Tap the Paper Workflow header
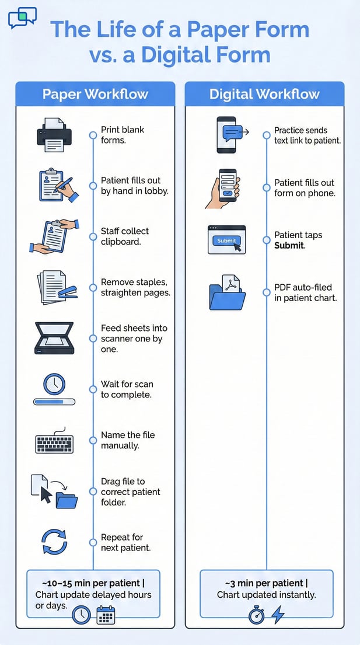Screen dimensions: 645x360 pos(95,94)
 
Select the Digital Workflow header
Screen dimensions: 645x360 pos(264,94)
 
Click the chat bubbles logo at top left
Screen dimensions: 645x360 pos(22,18)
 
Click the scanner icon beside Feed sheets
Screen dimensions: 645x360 pos(54,338)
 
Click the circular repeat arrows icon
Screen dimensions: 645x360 pos(54,542)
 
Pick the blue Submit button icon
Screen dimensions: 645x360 pos(227,240)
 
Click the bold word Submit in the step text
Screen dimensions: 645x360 pos(289,246)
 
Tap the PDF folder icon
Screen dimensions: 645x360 pos(227,293)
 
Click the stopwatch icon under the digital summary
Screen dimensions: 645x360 pos(257,615)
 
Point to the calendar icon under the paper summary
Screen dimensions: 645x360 pos(106,615)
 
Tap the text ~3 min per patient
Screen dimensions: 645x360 pos(265,583)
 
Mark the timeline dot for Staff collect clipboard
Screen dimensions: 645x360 pos(93,236)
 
